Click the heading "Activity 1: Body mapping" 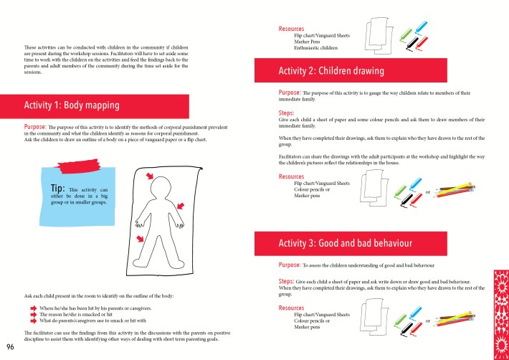click(x=72, y=105)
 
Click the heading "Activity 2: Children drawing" click(x=331, y=71)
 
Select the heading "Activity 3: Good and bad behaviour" click(x=345, y=244)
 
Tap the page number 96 click(x=10, y=347)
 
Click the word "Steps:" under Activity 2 click(x=288, y=113)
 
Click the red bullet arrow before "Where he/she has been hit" click(x=33, y=307)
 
